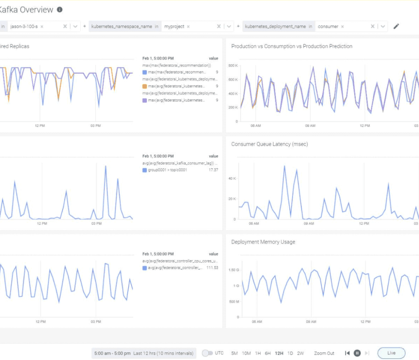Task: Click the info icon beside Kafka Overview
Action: click(x=60, y=9)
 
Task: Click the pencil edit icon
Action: click(x=396, y=26)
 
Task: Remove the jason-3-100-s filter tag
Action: click(x=42, y=27)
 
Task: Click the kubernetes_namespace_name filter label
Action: click(x=122, y=26)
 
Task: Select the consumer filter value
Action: click(x=328, y=26)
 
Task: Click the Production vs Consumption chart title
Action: click(x=291, y=46)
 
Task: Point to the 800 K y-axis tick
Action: click(x=233, y=65)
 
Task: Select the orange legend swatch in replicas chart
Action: click(x=144, y=86)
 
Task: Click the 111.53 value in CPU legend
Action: click(x=212, y=268)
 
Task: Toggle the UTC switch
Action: click(x=207, y=353)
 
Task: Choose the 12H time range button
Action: click(x=279, y=353)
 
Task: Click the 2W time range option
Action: click(x=300, y=353)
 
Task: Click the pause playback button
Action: click(x=357, y=353)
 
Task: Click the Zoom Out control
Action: click(x=324, y=353)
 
